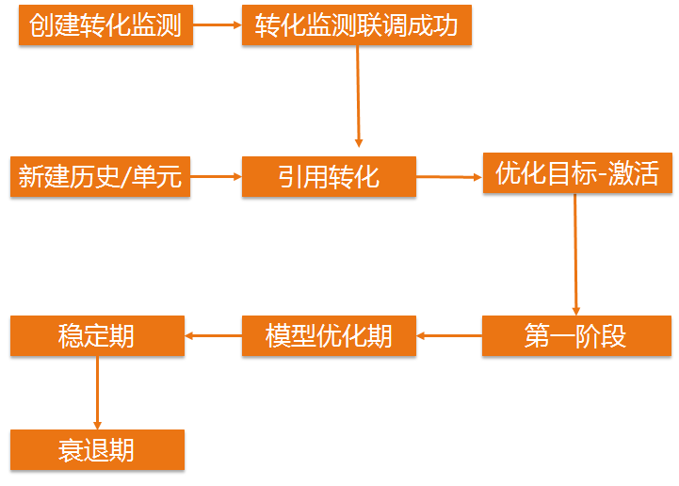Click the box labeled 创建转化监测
click(x=105, y=25)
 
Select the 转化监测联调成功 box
click(x=357, y=25)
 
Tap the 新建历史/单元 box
click(x=100, y=176)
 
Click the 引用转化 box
click(x=329, y=176)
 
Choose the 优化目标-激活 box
click(x=577, y=173)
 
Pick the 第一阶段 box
click(x=576, y=336)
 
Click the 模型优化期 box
click(x=329, y=336)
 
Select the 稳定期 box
click(x=97, y=336)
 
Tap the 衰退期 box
click(x=97, y=450)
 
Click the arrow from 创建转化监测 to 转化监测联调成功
click(x=218, y=25)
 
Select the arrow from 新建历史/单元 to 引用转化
click(x=216, y=176)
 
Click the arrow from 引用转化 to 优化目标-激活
click(x=449, y=176)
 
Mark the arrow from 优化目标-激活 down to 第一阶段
click(x=575, y=254)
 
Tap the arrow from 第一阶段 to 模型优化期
click(x=449, y=335)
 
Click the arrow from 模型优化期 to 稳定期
click(x=213, y=335)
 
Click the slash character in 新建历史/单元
click(x=130, y=177)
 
